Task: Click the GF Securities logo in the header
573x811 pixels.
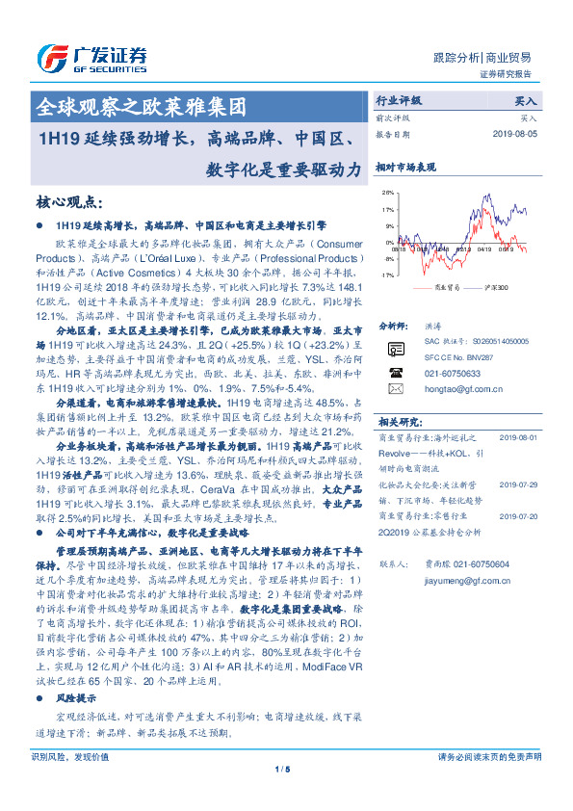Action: point(91,56)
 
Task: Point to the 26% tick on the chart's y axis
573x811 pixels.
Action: point(386,191)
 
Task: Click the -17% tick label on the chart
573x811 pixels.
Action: point(385,275)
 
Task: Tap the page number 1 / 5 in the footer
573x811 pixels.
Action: point(282,795)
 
